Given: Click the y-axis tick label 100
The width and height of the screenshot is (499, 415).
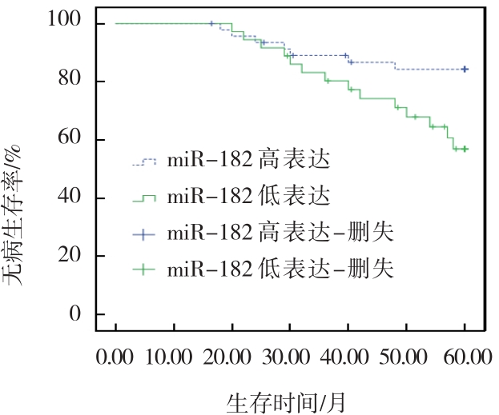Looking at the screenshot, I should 63,23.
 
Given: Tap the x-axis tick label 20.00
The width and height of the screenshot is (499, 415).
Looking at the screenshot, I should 232,356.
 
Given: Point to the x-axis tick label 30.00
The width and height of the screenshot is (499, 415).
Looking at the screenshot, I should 291,356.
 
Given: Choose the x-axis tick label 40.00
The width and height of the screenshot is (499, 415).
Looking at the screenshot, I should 348,356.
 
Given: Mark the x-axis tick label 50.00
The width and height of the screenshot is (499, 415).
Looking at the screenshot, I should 407,356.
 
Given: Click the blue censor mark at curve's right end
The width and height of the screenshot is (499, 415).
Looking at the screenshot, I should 465,70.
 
